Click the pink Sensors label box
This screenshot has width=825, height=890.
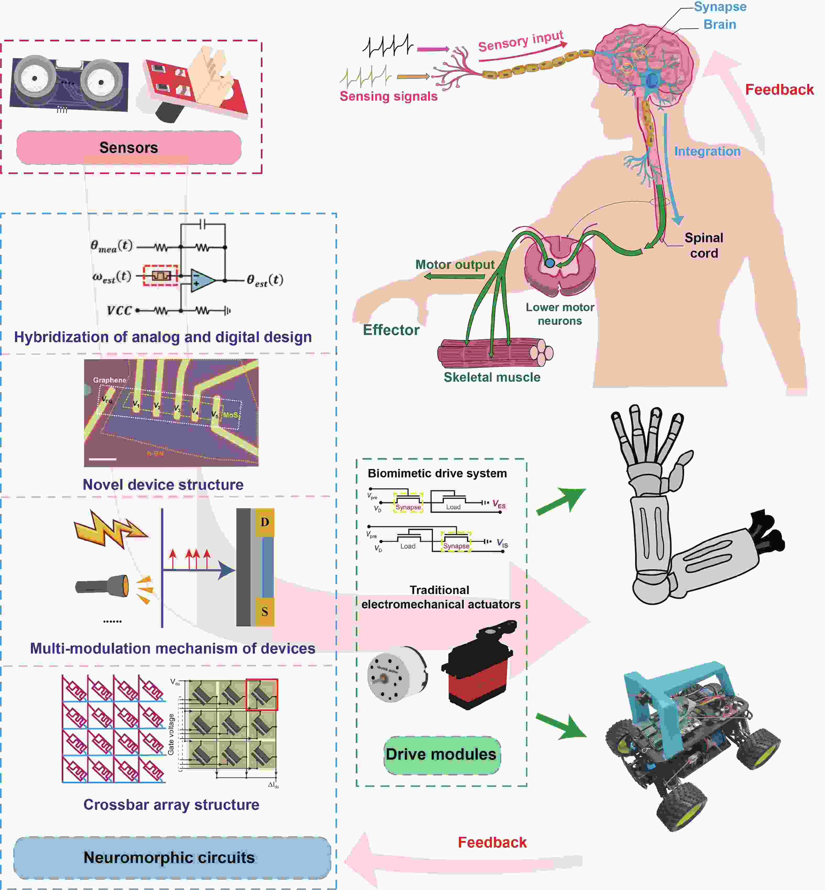click(x=129, y=147)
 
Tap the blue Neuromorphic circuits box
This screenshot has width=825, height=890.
click(x=172, y=857)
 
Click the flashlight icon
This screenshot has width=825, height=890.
click(x=103, y=585)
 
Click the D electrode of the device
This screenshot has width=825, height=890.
click(x=265, y=522)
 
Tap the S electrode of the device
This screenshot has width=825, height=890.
click(x=265, y=612)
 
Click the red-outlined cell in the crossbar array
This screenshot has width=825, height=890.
click(x=262, y=694)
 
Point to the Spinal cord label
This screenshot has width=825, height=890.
click(x=704, y=245)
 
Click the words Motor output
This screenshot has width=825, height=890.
click(x=455, y=265)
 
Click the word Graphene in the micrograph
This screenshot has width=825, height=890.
click(x=109, y=380)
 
